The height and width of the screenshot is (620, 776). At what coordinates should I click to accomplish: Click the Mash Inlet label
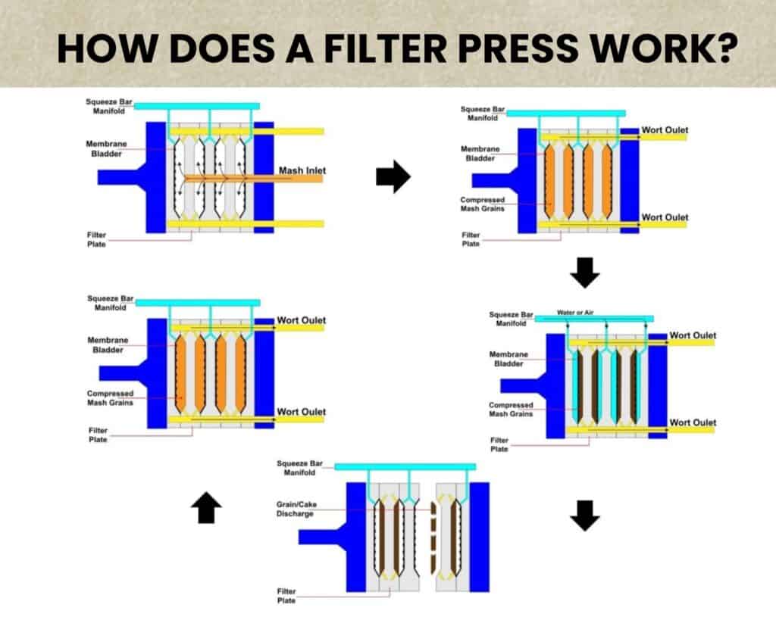point(302,171)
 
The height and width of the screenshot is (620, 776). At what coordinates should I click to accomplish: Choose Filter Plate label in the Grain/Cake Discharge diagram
point(286,596)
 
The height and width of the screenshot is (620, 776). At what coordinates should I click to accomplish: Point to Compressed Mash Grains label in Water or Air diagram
point(512,410)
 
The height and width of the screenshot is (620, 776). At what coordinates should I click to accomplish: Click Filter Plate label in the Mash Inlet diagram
point(96,240)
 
